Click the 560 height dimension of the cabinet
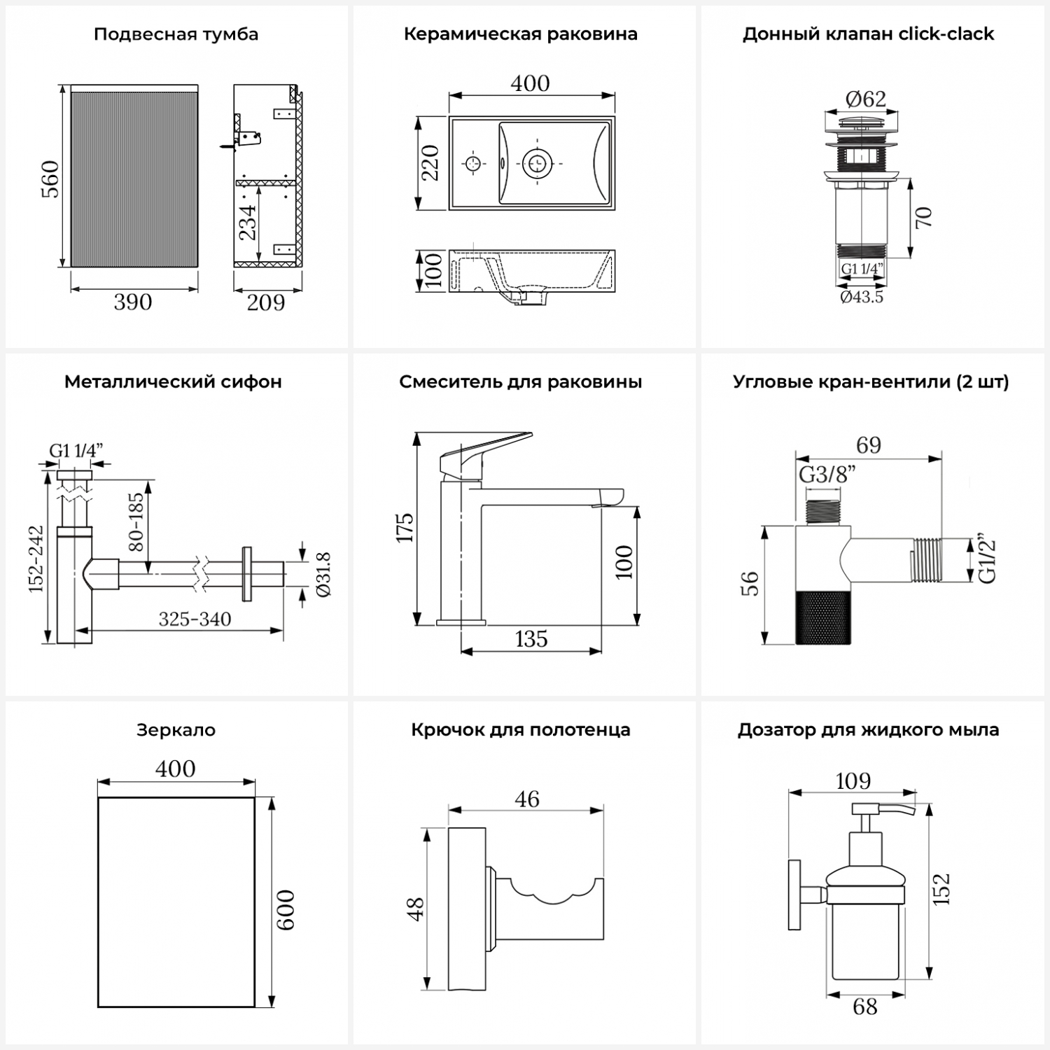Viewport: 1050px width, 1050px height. click(x=50, y=178)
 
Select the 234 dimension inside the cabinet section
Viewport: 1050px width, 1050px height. click(x=248, y=222)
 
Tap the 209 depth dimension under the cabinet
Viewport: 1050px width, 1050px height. click(x=266, y=302)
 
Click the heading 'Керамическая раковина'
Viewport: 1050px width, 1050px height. click(x=520, y=34)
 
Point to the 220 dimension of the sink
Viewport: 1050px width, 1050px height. click(x=430, y=163)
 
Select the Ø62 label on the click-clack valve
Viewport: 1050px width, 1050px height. click(x=865, y=99)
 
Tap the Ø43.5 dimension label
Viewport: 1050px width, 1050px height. click(x=862, y=297)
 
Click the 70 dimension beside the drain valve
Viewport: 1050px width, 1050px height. click(x=923, y=217)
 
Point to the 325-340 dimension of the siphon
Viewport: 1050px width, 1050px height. click(x=195, y=619)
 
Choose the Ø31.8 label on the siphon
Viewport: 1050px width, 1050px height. click(x=323, y=574)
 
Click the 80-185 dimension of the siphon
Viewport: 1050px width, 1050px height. click(x=136, y=521)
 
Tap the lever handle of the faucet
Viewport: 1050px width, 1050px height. click(x=483, y=452)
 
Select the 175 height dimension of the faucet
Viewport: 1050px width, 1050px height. click(x=405, y=528)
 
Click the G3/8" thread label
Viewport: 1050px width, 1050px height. click(x=827, y=475)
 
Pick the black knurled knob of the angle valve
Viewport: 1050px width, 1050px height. click(x=823, y=617)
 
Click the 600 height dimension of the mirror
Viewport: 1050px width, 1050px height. click(x=285, y=910)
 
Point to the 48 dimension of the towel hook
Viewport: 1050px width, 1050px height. click(x=415, y=909)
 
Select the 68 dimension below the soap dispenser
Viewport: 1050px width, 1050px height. click(x=865, y=1007)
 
